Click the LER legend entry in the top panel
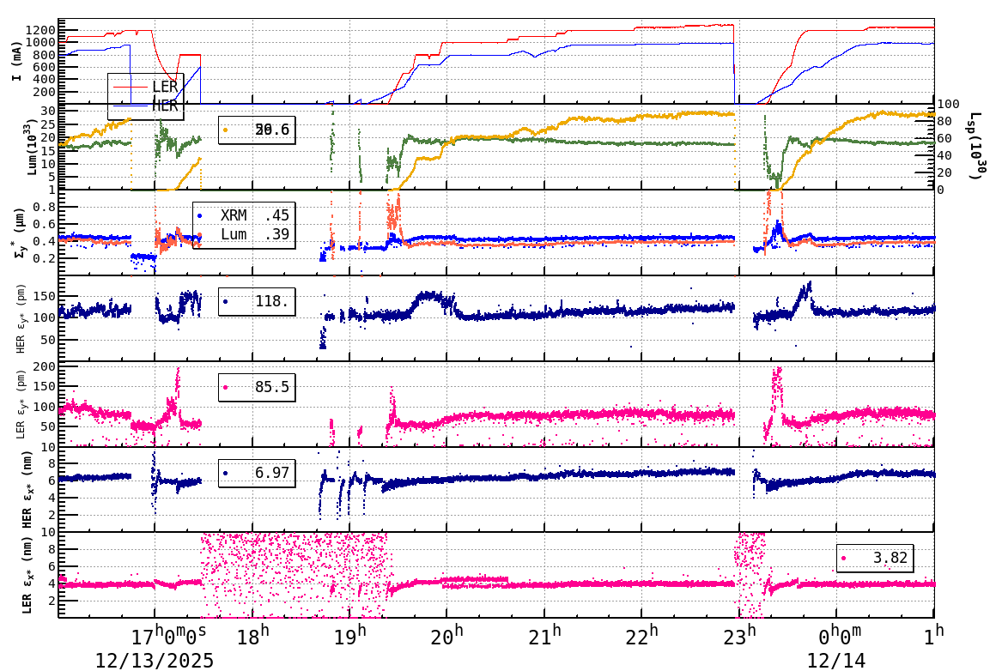[x=164, y=87]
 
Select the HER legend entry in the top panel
[x=164, y=105]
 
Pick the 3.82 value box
[x=875, y=558]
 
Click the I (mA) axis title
[x=17, y=61]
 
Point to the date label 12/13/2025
[x=155, y=660]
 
